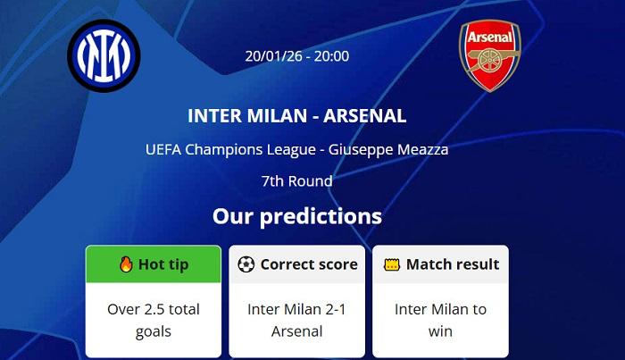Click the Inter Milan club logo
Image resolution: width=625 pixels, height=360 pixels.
click(104, 55)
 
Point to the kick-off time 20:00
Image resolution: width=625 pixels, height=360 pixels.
click(331, 56)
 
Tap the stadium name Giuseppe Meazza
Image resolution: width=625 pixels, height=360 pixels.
click(388, 149)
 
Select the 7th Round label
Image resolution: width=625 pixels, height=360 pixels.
click(297, 181)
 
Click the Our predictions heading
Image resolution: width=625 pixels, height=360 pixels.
click(297, 216)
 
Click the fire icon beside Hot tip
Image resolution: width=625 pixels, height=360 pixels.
click(126, 264)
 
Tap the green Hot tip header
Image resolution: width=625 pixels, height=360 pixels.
click(154, 264)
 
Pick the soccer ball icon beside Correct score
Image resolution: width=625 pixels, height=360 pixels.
click(246, 264)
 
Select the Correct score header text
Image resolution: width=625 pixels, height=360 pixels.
click(309, 264)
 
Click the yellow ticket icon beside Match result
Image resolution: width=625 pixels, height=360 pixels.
click(390, 264)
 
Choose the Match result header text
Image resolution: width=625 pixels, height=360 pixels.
click(453, 264)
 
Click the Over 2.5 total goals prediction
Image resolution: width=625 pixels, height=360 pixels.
click(154, 320)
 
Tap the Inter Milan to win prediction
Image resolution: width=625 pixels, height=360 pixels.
click(440, 320)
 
